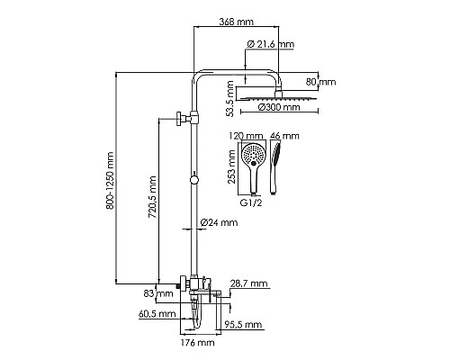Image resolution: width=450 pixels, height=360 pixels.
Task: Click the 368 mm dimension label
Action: (x=236, y=22)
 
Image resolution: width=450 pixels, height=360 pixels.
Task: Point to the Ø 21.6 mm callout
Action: (x=271, y=44)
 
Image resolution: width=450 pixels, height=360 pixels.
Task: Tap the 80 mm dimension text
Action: (x=320, y=82)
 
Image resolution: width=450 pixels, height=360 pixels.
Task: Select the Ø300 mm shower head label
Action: (x=279, y=107)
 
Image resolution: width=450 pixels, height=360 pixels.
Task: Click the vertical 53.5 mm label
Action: (x=230, y=99)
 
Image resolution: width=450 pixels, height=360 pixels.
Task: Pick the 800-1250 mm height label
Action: (x=110, y=181)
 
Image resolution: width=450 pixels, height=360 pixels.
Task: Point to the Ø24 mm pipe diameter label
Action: (x=219, y=222)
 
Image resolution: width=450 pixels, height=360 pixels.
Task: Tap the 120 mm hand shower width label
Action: (x=246, y=136)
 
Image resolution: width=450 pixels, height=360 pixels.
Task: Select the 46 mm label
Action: (x=284, y=136)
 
